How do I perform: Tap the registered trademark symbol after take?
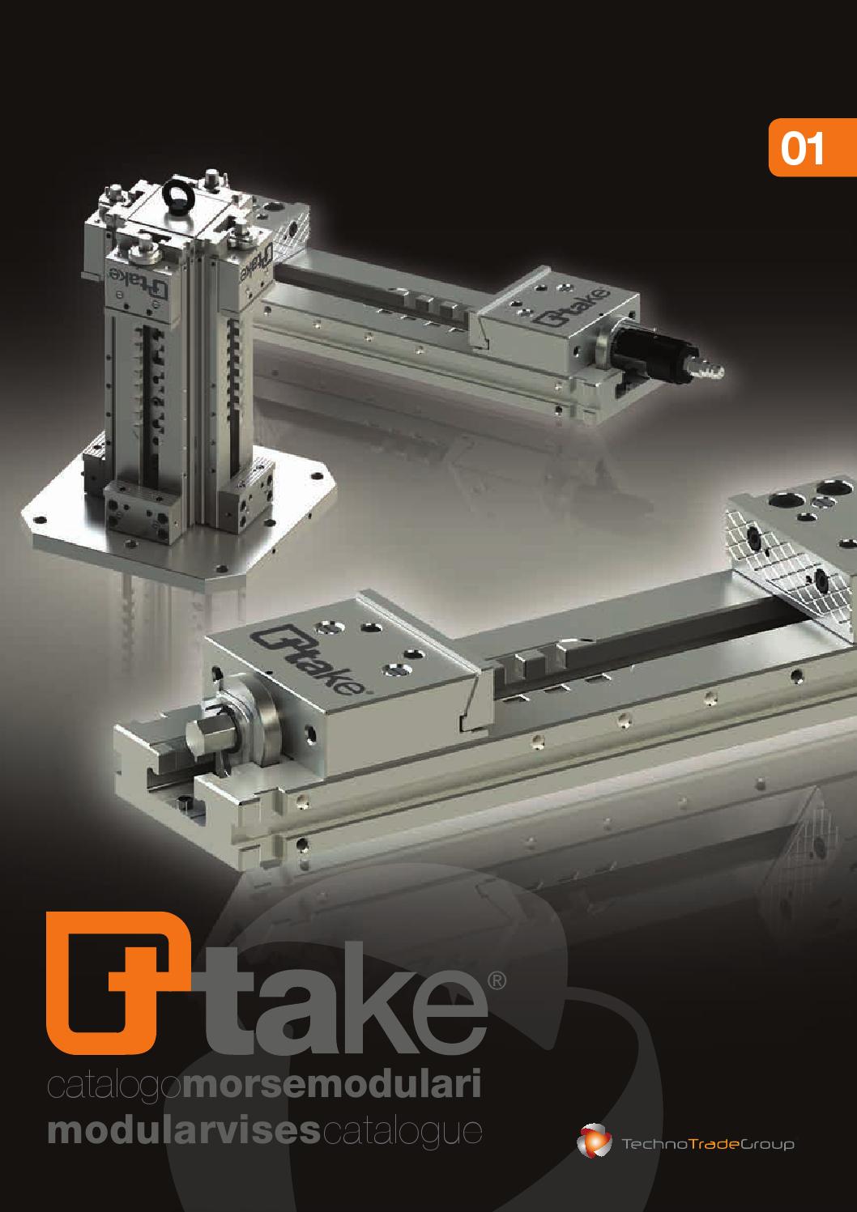[497, 980]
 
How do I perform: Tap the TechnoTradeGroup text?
[707, 1144]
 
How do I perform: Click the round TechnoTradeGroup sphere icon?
[594, 1142]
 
